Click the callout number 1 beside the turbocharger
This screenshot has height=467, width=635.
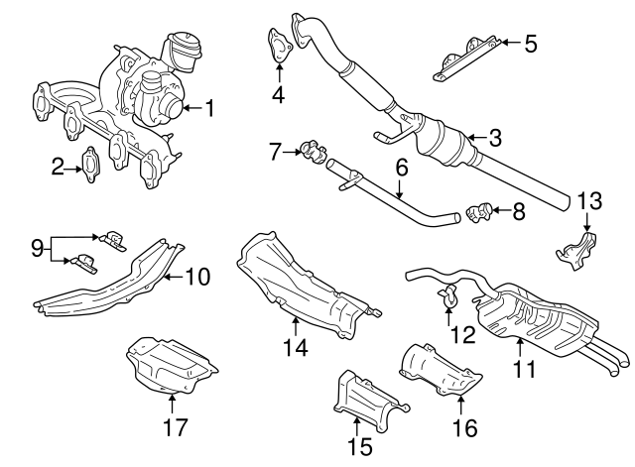(208, 106)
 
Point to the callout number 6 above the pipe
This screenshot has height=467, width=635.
(402, 169)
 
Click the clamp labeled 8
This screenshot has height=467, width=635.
(478, 210)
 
